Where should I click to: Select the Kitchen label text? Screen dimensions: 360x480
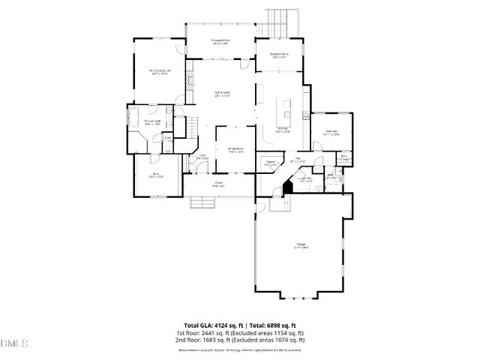[x=283, y=130]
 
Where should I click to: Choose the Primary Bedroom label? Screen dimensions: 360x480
[x=157, y=73]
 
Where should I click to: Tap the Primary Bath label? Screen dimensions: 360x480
[x=152, y=123]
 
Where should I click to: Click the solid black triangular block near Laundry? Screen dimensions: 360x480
[x=286, y=188]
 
